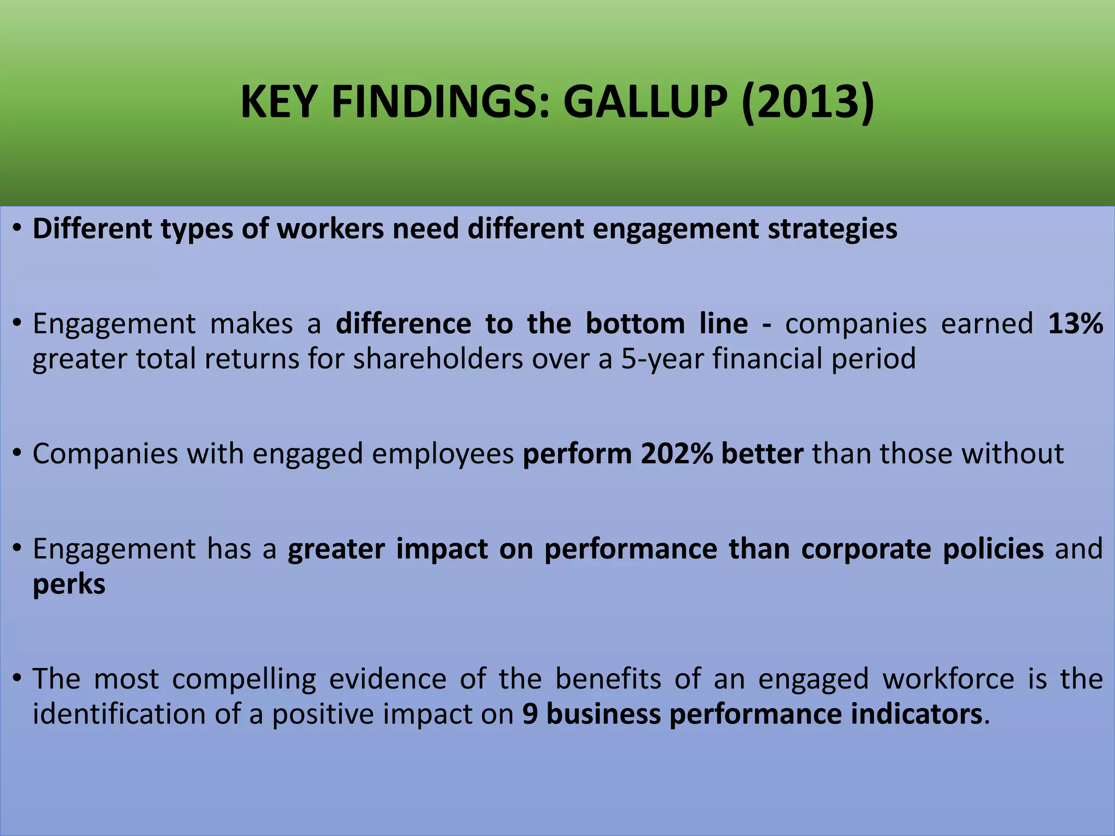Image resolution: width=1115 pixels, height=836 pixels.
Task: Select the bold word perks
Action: click(x=69, y=585)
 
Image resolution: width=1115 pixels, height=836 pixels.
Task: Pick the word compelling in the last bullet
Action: click(x=244, y=679)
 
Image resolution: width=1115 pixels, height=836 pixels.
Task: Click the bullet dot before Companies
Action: click(x=17, y=453)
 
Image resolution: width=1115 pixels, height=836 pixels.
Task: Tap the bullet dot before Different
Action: click(x=17, y=228)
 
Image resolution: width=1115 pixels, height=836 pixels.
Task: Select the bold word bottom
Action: click(x=635, y=324)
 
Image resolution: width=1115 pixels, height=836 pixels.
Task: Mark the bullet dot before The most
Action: click(x=17, y=678)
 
